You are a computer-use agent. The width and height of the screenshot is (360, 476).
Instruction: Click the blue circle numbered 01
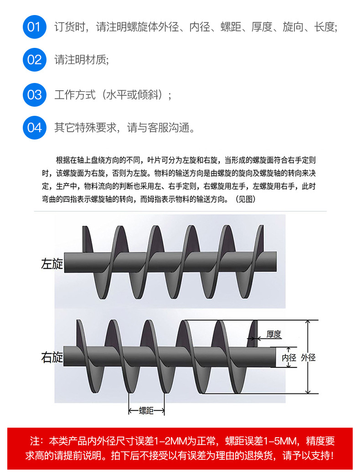click(35, 27)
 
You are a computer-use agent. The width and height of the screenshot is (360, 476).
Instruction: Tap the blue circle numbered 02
click(35, 60)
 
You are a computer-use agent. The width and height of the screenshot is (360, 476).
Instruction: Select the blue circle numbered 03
click(35, 95)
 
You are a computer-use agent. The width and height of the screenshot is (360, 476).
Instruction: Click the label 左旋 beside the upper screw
click(52, 264)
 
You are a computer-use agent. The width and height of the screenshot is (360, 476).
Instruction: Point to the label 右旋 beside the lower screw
click(52, 357)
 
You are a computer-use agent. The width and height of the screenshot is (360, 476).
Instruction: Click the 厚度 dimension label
click(274, 335)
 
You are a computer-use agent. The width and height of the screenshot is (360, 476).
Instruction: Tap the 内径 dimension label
click(289, 358)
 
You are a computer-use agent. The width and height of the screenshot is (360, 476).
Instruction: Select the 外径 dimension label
click(309, 358)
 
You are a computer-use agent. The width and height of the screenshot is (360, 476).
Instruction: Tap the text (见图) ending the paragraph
click(245, 199)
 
